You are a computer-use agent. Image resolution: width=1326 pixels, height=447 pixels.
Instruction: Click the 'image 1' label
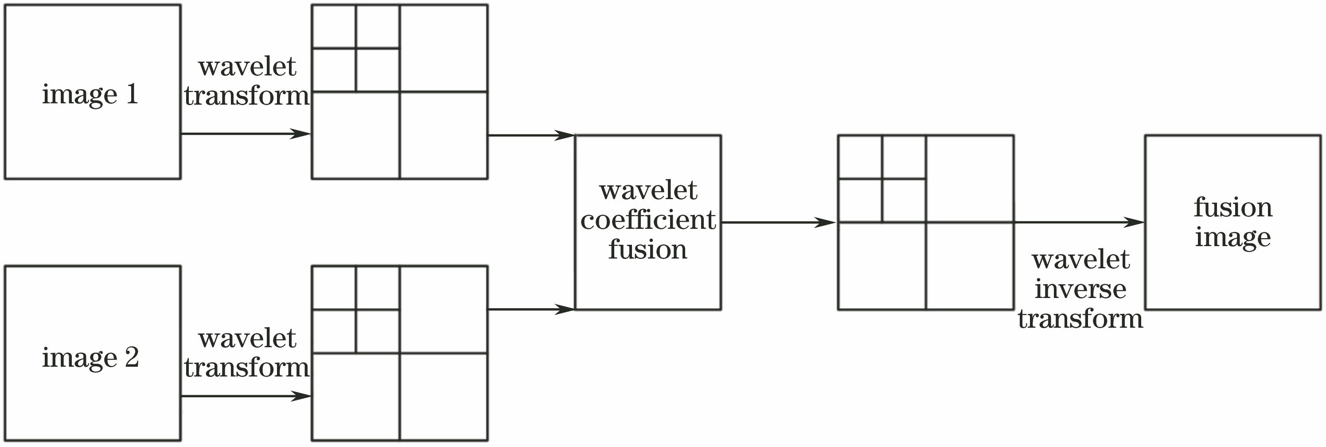[x=90, y=95]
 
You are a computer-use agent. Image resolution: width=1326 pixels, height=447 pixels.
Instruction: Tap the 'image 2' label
[x=90, y=357]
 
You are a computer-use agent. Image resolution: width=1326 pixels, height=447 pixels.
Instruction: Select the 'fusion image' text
[x=1233, y=223]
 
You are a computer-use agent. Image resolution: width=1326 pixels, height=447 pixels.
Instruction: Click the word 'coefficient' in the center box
[x=648, y=220]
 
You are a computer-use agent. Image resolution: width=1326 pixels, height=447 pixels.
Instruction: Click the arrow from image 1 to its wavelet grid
[x=246, y=134]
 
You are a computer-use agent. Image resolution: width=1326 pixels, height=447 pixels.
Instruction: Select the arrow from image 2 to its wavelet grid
[x=246, y=396]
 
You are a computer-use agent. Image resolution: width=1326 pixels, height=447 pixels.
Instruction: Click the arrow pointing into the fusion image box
[x=1079, y=223]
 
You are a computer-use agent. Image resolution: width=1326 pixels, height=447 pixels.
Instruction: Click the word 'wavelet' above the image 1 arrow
[x=247, y=67]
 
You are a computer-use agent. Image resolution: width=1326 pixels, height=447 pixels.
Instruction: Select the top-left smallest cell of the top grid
[x=334, y=27]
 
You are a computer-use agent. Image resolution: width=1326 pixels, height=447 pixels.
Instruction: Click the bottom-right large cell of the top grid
[x=444, y=135]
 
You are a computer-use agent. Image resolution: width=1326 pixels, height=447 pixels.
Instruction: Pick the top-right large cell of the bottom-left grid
[x=444, y=310]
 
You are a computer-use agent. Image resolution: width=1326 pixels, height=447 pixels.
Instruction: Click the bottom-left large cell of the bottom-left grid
[x=356, y=396]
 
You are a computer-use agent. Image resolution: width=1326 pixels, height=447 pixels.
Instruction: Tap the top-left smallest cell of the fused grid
[x=860, y=157]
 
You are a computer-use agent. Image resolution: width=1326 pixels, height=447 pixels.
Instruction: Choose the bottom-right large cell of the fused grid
[x=970, y=266]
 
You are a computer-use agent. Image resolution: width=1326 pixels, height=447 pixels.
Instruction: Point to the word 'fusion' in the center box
[x=648, y=250]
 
